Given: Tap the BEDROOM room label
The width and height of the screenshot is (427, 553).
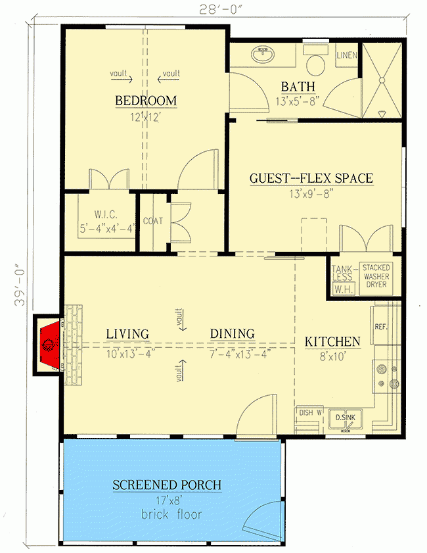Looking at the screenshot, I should (146, 101).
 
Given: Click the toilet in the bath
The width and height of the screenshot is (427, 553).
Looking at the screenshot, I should (317, 60).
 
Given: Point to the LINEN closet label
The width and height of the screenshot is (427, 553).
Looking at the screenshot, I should (346, 56).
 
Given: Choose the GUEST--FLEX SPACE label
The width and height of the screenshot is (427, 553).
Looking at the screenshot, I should (311, 178).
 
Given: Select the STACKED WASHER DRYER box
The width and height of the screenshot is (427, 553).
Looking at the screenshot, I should (376, 277).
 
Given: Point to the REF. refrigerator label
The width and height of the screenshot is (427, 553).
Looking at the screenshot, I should (380, 326).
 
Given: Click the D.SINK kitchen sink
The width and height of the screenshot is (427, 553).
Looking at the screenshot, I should (346, 418).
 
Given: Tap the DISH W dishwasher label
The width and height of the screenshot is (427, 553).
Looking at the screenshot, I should (310, 413).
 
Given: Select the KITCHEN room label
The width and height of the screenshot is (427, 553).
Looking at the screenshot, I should (332, 341).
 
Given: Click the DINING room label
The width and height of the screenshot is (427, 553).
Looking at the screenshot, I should (232, 333).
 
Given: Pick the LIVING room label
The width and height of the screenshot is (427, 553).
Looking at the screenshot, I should (127, 333).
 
